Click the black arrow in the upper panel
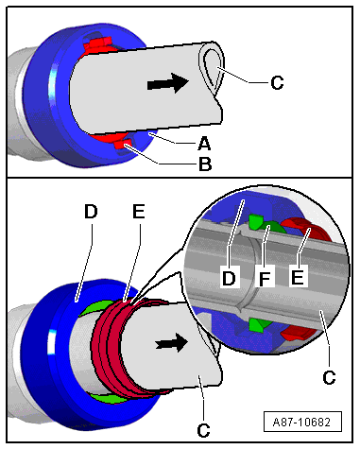pos(168,82)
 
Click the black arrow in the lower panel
pos(171,343)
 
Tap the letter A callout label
pos(204,144)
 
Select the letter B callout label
pos(205,164)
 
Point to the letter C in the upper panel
pos(277,83)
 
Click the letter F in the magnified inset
pos(265,278)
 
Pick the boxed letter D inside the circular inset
pos(229,278)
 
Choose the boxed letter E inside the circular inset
pos(298,277)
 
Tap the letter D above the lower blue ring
pos(91,212)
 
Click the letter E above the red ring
pos(138,211)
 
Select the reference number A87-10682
pos(302,422)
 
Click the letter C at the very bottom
pos(203,430)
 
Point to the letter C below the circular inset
pos(329,377)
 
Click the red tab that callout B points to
pos(122,145)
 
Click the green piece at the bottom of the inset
pos(257,324)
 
